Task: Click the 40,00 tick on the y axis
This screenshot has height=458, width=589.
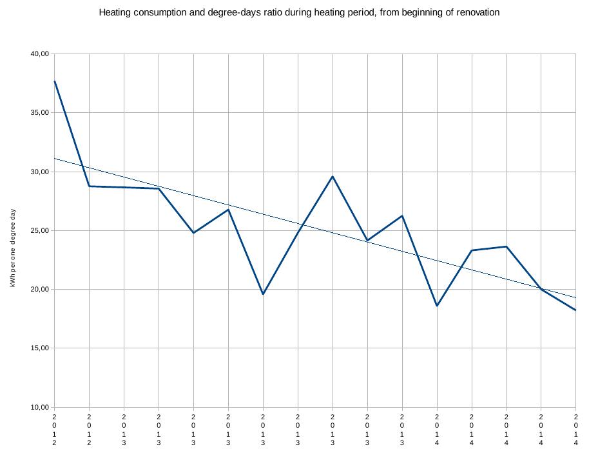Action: tap(39, 54)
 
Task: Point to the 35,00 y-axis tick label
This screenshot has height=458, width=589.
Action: tap(39, 113)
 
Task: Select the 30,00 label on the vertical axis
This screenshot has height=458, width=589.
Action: tap(39, 172)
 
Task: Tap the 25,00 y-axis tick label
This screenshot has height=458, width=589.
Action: tap(39, 231)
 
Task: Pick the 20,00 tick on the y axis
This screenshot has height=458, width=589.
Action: tap(39, 290)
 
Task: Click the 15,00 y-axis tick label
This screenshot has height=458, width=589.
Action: tap(39, 348)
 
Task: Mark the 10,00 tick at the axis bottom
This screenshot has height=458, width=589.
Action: tap(39, 407)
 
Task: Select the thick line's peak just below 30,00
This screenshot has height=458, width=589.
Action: tap(333, 176)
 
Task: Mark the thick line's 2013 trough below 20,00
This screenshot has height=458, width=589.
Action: tap(263, 294)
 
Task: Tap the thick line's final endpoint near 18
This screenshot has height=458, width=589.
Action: tap(575, 310)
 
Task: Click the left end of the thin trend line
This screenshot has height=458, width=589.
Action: tap(55, 158)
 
